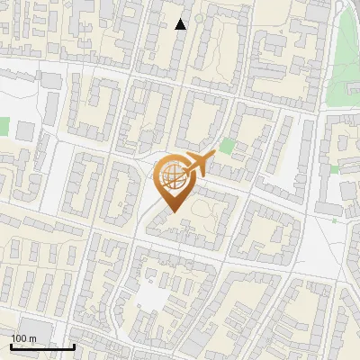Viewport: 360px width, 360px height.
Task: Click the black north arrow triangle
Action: click(x=181, y=24)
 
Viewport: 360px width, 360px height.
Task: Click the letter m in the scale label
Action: click(x=33, y=338)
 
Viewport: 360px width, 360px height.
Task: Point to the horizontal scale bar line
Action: click(x=42, y=346)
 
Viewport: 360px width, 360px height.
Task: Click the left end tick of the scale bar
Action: click(x=12, y=346)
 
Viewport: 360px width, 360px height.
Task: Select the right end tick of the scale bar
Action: click(x=74, y=346)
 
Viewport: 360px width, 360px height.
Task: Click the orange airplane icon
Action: click(x=199, y=165)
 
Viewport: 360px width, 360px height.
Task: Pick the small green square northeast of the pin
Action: click(x=227, y=146)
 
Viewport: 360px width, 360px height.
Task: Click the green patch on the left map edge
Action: click(x=4, y=127)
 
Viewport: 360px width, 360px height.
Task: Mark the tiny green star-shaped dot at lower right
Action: click(x=334, y=219)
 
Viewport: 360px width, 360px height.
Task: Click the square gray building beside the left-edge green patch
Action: click(x=24, y=131)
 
